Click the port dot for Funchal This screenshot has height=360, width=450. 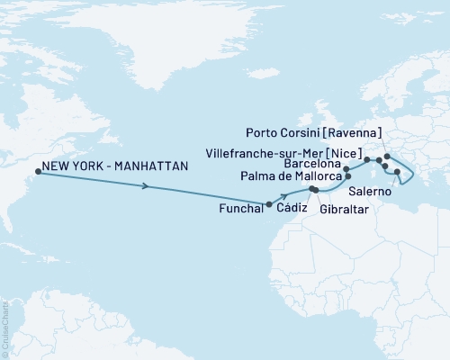point(269,204)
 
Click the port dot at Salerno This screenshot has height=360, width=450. point(397,171)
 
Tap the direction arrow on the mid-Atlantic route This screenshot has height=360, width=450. point(147,187)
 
